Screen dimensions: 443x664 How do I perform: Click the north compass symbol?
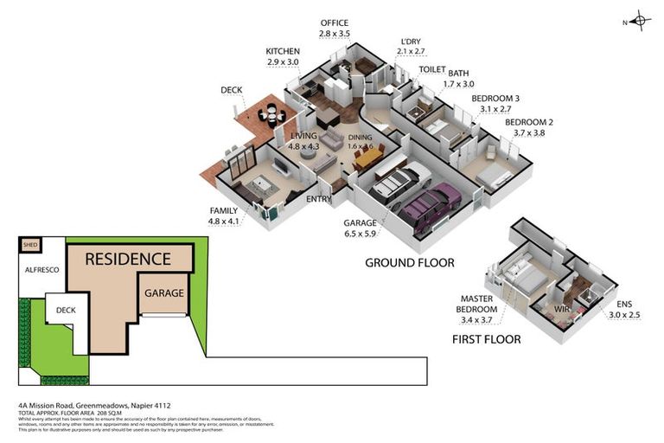tap(639, 21)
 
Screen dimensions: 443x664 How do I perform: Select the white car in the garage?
tap(396, 183)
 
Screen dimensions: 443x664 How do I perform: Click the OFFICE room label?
tap(334, 22)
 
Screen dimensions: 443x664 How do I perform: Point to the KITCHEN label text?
tap(283, 52)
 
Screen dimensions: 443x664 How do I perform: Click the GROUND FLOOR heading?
tap(409, 262)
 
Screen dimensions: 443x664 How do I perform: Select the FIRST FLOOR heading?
tap(486, 339)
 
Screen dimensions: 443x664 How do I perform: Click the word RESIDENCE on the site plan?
tap(127, 259)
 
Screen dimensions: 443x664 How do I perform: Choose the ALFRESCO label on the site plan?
tap(41, 270)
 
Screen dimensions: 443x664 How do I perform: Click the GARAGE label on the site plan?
tap(163, 293)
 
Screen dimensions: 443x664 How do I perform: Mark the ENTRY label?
tap(319, 200)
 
